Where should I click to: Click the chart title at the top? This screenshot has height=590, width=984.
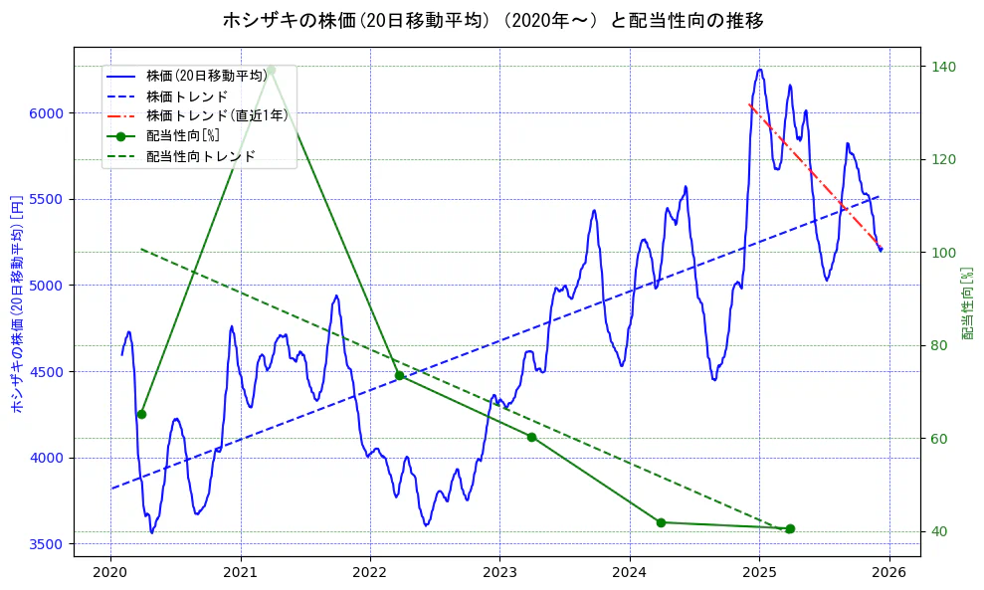pyautogui.click(x=492, y=20)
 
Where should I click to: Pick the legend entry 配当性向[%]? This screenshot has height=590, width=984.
pyautogui.click(x=183, y=135)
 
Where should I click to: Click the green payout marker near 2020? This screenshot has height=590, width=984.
pyautogui.click(x=141, y=414)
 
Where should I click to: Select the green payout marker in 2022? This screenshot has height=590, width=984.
pyautogui.click(x=400, y=375)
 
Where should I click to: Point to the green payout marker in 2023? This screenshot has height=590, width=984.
pyautogui.click(x=531, y=437)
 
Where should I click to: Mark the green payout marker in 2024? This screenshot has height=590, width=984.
pyautogui.click(x=661, y=522)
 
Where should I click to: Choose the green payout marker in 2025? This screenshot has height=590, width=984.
pyautogui.click(x=790, y=528)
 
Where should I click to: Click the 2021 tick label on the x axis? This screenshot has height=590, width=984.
pyautogui.click(x=240, y=572)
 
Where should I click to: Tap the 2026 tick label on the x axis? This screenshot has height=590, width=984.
pyautogui.click(x=889, y=572)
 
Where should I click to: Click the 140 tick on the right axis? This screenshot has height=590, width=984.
pyautogui.click(x=943, y=67)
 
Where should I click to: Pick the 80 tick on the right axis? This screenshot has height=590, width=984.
pyautogui.click(x=939, y=345)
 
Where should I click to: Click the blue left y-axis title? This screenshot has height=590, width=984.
pyautogui.click(x=16, y=302)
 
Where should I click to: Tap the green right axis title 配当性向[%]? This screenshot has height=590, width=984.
pyautogui.click(x=967, y=302)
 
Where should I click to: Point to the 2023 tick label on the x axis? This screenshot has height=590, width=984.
pyautogui.click(x=499, y=572)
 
